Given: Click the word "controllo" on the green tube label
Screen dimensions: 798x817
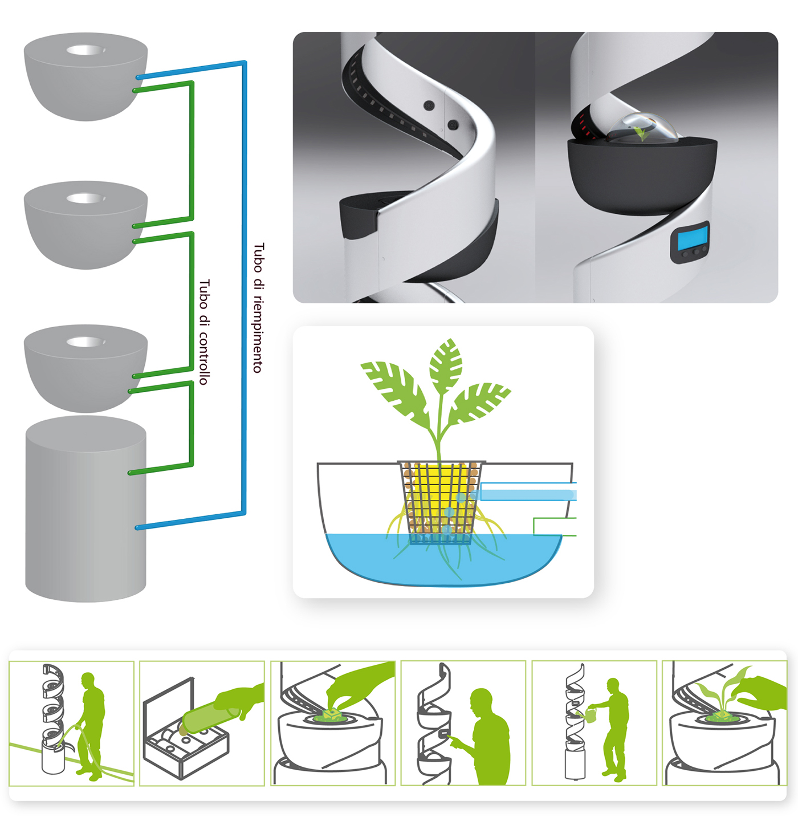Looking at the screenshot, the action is [x=203, y=356].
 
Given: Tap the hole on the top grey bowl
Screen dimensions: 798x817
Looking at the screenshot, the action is [x=85, y=50].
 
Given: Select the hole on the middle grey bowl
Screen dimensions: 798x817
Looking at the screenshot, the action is [x=85, y=198].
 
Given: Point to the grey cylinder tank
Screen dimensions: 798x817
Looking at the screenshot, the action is [x=85, y=509].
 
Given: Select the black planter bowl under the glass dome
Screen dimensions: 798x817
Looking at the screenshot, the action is [x=642, y=176].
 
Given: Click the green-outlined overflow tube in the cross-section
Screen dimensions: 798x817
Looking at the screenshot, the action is [x=555, y=526].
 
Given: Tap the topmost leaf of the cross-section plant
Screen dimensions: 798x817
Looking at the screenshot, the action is [x=446, y=361].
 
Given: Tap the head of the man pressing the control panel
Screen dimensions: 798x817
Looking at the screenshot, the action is [x=481, y=700].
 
